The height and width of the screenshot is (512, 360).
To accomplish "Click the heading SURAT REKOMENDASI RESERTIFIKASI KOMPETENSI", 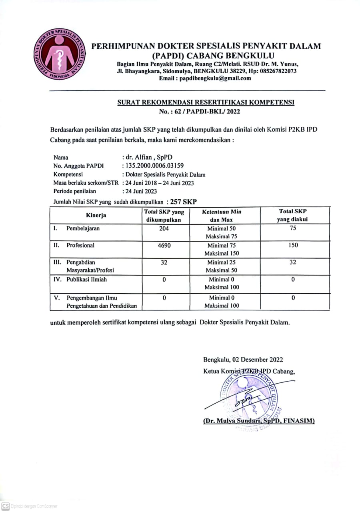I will [x=206, y=102].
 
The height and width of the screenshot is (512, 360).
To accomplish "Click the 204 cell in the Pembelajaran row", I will [x=164, y=228].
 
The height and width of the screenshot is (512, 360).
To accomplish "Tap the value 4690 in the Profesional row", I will [x=164, y=245].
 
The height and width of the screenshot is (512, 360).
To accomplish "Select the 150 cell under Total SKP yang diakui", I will [x=293, y=245].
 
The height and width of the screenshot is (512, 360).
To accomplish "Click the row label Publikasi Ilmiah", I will [x=86, y=280].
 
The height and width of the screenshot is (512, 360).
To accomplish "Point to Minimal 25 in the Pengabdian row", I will [x=222, y=262].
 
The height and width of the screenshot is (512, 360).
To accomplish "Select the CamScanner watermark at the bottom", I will [x=30, y=506].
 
